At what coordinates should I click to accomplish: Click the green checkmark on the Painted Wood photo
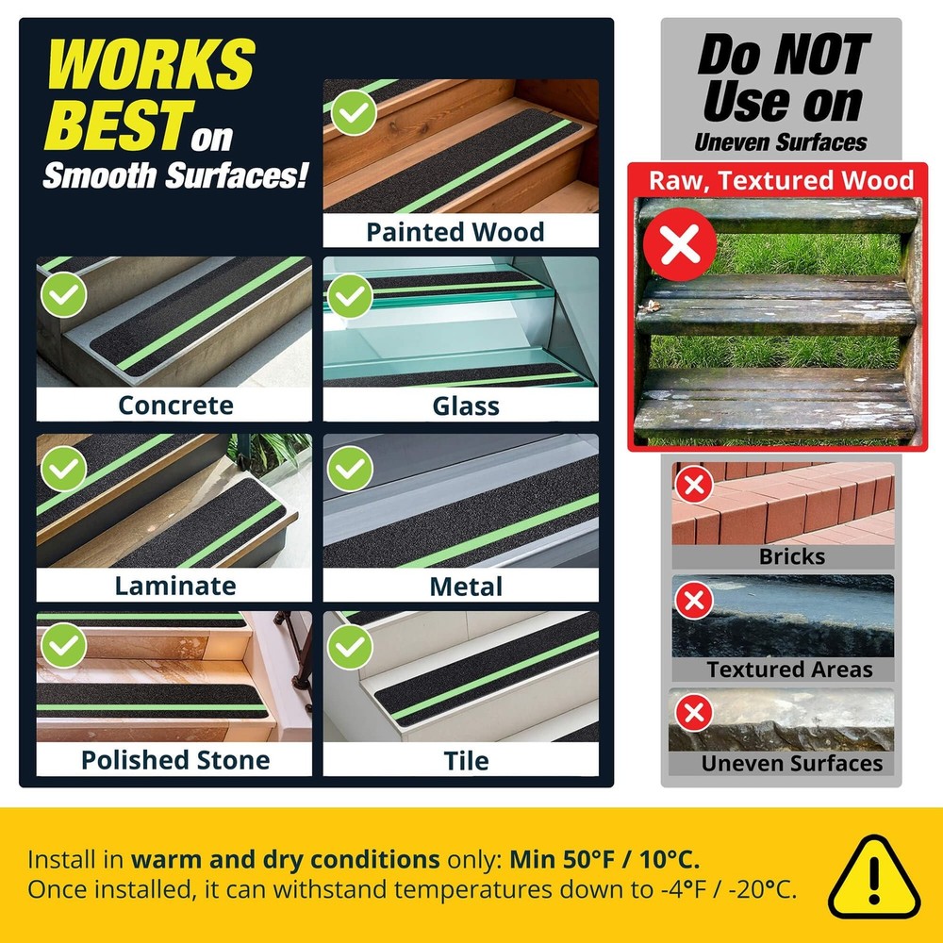(x=354, y=112)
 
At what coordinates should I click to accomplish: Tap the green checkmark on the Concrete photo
(x=64, y=294)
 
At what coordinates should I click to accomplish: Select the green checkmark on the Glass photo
(x=350, y=296)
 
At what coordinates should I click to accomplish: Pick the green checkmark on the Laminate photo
(x=64, y=469)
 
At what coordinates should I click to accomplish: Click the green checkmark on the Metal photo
(x=350, y=469)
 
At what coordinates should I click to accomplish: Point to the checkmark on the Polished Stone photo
(x=64, y=645)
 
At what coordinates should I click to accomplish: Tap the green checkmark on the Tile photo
(x=350, y=647)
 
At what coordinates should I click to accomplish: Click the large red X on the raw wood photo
(x=680, y=244)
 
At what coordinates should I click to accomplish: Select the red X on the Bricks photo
(x=694, y=484)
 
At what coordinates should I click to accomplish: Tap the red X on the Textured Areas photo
(x=694, y=600)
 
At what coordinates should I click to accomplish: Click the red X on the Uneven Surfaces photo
(x=694, y=713)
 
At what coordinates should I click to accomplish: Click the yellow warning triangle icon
(x=874, y=877)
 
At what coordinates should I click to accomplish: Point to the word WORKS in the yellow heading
(x=151, y=64)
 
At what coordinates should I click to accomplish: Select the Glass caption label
(x=466, y=405)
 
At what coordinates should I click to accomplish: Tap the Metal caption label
(x=466, y=587)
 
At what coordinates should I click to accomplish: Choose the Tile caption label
(x=466, y=761)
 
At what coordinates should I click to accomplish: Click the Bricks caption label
(x=791, y=556)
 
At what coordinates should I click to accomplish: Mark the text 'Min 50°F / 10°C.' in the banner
(x=604, y=859)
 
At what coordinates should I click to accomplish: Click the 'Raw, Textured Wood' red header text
(x=781, y=180)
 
